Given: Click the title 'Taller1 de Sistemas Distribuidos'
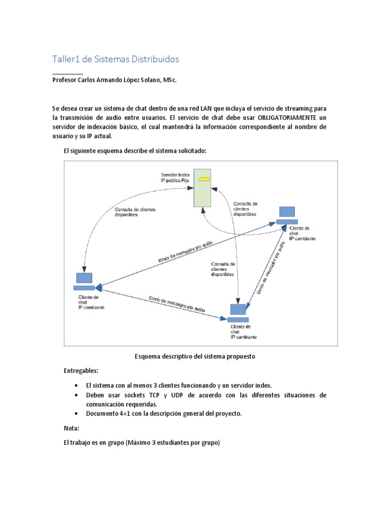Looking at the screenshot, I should click(x=115, y=59).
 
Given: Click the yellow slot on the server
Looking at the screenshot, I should click(x=204, y=180).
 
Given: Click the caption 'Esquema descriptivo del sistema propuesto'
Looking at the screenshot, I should click(x=195, y=356).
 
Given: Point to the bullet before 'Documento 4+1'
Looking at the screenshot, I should click(x=76, y=414).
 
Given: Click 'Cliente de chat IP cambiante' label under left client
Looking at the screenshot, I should click(x=91, y=302).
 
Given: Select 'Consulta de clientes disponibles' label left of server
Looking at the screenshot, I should click(x=135, y=212).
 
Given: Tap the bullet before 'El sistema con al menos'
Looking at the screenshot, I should click(x=76, y=385).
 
